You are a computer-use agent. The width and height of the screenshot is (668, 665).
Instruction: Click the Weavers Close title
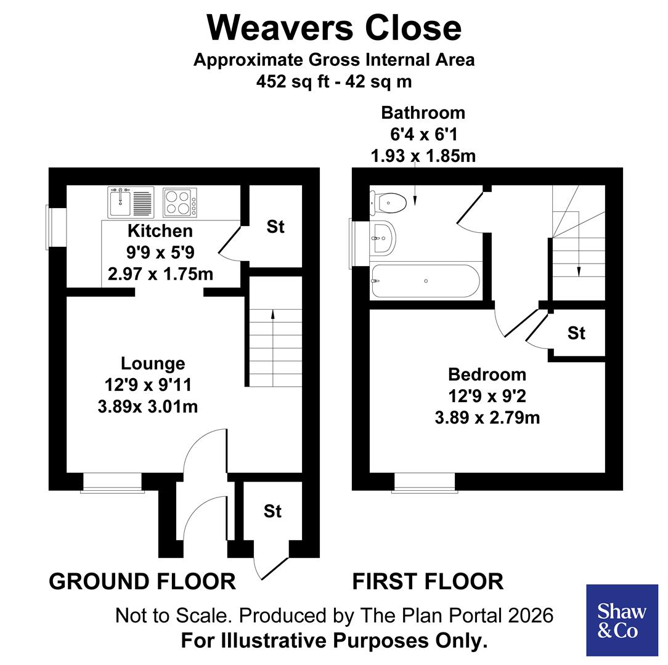point(333,28)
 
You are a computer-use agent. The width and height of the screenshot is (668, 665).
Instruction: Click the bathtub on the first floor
point(425,282)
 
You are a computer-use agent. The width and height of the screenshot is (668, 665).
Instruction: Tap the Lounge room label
point(152,363)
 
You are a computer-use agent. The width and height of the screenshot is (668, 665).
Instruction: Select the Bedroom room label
point(487,374)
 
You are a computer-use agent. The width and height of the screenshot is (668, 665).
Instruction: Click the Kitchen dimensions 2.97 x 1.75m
point(160,273)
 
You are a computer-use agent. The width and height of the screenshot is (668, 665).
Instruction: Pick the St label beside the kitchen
point(275,227)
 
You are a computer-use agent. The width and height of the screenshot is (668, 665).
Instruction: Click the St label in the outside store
point(272,511)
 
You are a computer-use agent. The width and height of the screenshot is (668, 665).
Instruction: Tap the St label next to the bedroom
point(576,333)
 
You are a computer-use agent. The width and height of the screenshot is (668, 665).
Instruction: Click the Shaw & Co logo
point(621,620)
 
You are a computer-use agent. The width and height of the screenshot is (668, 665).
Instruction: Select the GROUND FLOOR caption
point(142,581)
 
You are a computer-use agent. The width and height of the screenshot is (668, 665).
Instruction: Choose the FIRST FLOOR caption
point(428,581)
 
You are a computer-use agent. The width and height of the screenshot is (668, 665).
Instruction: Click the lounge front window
point(112,483)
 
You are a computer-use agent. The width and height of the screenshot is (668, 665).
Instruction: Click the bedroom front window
point(424,483)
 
